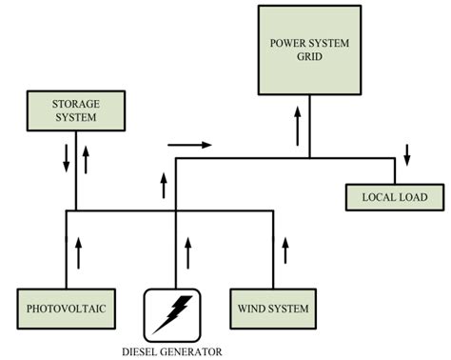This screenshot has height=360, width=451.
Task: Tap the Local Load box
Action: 394,197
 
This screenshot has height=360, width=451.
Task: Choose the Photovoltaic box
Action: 65,310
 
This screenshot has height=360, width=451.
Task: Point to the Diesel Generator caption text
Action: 172,350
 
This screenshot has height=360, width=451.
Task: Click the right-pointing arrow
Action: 188,146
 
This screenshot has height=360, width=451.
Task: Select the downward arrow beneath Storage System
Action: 67,158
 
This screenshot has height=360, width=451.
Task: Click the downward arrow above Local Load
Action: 407,153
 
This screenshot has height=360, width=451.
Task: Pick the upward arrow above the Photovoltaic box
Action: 77,252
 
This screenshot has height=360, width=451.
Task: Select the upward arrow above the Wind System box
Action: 284,252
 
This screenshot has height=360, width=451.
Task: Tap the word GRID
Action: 309,56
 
